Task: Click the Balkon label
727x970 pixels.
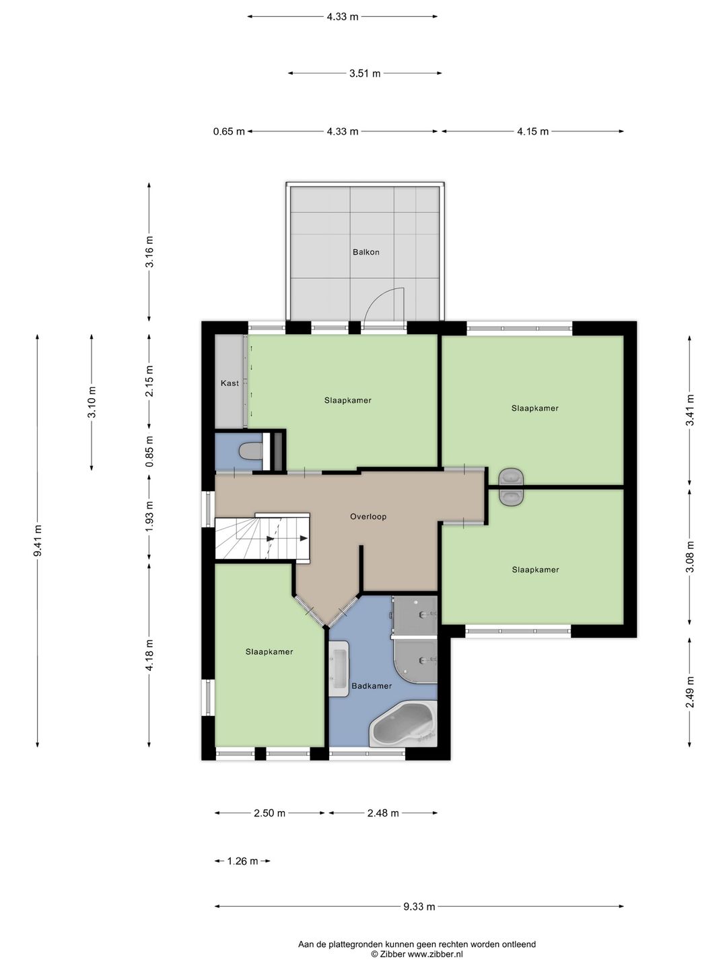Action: (x=366, y=253)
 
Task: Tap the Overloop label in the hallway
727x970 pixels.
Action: (x=368, y=516)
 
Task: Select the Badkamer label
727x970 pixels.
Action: (x=372, y=686)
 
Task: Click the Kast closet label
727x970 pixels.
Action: (x=230, y=383)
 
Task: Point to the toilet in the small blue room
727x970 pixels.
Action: (x=250, y=451)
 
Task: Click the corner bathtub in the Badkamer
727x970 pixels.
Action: (x=403, y=725)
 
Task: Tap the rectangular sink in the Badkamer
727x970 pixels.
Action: (x=339, y=669)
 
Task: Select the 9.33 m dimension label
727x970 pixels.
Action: (x=419, y=907)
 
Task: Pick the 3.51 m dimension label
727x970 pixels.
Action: (x=365, y=73)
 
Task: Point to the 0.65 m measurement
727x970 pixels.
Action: (x=229, y=131)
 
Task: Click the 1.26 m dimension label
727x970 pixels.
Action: (x=242, y=861)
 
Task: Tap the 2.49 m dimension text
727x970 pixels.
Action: (x=689, y=692)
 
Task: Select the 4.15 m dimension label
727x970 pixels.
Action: (x=532, y=131)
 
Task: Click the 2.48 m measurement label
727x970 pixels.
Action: (x=383, y=813)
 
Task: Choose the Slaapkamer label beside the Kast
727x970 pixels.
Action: (x=348, y=400)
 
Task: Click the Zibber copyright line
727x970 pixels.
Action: (x=417, y=954)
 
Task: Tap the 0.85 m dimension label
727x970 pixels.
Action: (x=149, y=451)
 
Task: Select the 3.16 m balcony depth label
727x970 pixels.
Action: (x=149, y=251)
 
